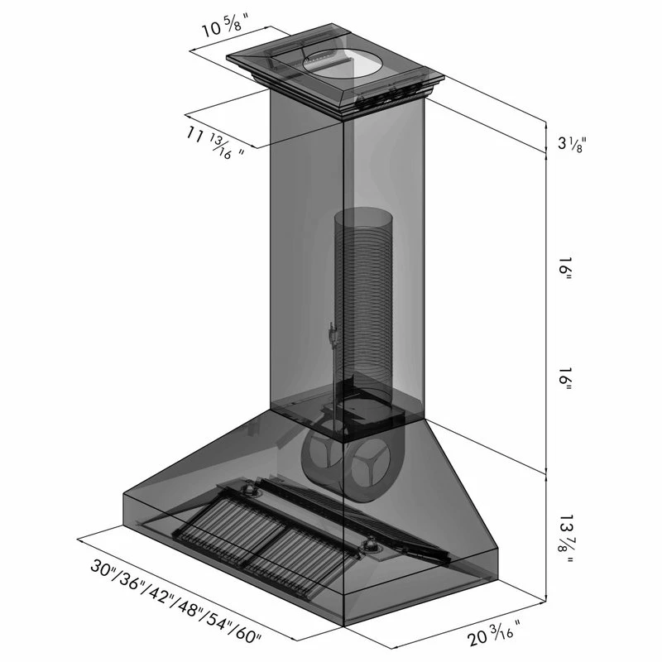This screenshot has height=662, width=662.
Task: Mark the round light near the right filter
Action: click(x=372, y=546)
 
